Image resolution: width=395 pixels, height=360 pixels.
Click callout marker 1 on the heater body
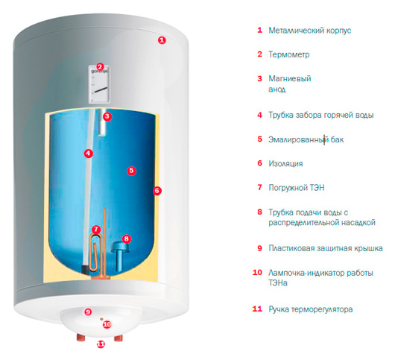click(162, 40)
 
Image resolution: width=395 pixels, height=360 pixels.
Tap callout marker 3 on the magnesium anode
click(107, 116)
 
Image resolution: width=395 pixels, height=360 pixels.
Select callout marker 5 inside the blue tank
click(131, 171)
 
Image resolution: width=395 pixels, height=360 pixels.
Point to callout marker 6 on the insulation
click(157, 191)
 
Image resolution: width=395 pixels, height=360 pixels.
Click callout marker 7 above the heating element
click(96, 230)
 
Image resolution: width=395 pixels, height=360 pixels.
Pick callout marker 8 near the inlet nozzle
click(127, 239)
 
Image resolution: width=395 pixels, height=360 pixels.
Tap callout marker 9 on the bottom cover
click(88, 312)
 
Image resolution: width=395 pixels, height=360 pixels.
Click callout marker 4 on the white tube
click(89, 154)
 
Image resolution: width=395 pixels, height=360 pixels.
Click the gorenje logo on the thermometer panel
click(100, 72)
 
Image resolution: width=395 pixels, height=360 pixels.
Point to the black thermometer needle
click(101, 90)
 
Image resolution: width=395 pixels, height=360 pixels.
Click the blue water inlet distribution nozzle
click(120, 254)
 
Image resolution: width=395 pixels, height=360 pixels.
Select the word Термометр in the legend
click(289, 54)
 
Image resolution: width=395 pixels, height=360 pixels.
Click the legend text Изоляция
click(285, 164)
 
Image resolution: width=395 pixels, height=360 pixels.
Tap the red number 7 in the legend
click(259, 187)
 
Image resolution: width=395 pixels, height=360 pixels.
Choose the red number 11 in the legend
click(257, 309)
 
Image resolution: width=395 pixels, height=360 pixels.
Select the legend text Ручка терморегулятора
click(311, 309)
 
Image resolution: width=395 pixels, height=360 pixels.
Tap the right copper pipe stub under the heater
click(118, 338)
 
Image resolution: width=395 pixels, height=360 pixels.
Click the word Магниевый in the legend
click(290, 78)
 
